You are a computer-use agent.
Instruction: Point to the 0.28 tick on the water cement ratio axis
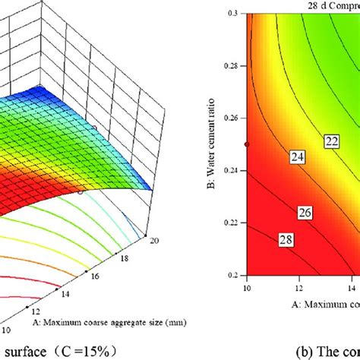230,66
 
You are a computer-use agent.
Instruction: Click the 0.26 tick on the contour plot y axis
230,118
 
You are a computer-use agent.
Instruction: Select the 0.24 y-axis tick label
230,170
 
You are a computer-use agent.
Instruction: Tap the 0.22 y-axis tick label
230,223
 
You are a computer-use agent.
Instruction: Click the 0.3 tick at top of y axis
233,14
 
